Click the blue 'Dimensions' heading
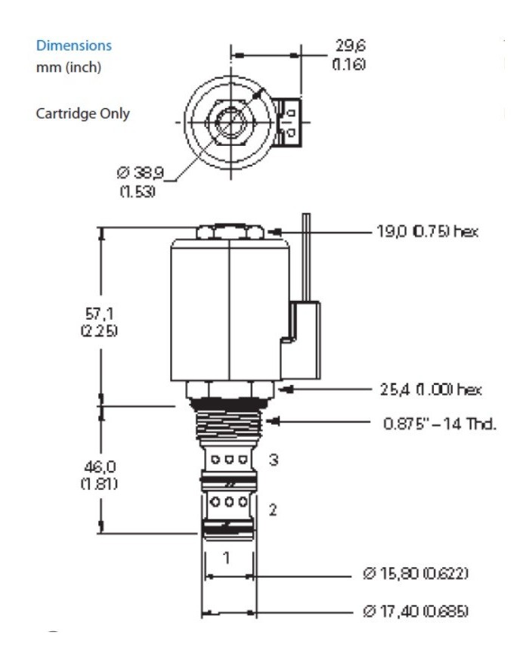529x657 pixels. tap(74, 46)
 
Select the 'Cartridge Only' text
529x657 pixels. tap(83, 114)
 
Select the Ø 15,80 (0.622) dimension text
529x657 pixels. tap(416, 575)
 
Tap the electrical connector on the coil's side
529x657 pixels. tap(300, 332)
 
